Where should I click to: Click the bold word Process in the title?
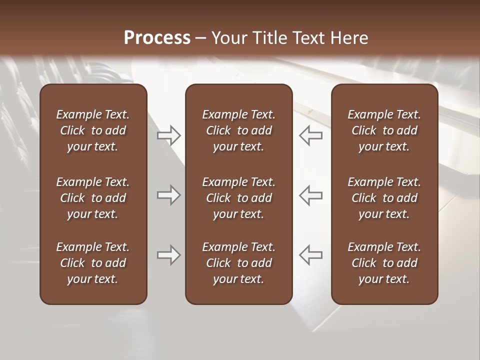(157, 38)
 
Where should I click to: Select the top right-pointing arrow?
(168, 135)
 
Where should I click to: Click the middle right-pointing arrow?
(168, 195)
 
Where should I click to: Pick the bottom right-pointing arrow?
(168, 255)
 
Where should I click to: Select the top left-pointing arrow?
(310, 135)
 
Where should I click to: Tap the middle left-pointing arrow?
(310, 195)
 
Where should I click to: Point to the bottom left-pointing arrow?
(310, 255)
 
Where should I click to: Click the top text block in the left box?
(93, 130)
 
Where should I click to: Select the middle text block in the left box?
(93, 198)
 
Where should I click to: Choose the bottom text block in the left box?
(93, 263)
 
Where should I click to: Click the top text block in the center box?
(238, 130)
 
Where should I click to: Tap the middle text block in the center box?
(238, 198)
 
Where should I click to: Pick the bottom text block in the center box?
(238, 263)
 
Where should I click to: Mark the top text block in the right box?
(384, 130)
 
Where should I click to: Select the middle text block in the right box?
(384, 198)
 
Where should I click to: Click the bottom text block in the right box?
(384, 263)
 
